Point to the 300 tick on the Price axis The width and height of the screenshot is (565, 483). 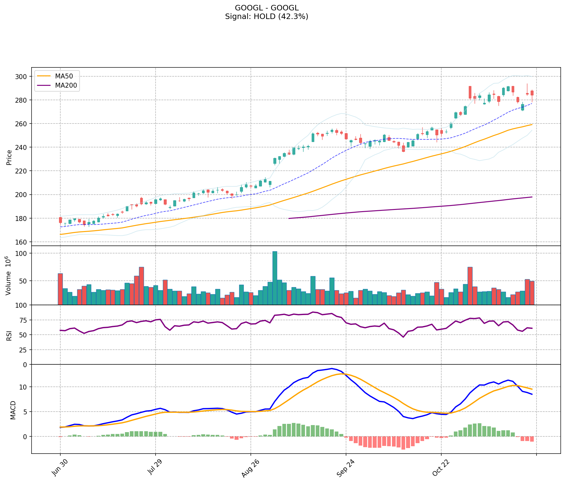(23, 76)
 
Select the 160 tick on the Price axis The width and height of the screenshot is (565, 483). (23, 242)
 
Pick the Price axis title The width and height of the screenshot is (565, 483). (9, 157)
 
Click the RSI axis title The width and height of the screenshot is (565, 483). (9, 335)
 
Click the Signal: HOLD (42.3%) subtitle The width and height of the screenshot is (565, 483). (266, 17)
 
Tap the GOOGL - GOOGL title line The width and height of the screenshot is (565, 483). (266, 8)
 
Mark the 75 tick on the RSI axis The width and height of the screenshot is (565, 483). (24, 320)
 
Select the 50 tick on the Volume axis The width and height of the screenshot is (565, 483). (24, 281)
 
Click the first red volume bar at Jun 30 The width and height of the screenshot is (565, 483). (60, 289)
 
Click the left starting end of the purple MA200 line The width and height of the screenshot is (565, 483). (289, 218)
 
